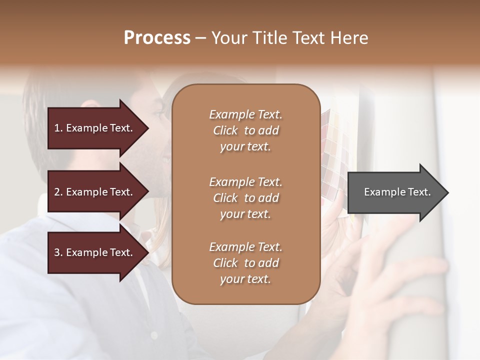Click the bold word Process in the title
coord(157,38)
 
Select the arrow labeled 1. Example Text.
coord(95,128)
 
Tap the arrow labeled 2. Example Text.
coord(95,192)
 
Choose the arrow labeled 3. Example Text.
coord(95,252)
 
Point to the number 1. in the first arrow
coord(58,128)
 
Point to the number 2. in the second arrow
coord(58,192)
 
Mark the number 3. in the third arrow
coord(58,252)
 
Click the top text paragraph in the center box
coord(245,130)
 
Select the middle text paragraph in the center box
coord(245,197)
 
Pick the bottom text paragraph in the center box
coord(245,263)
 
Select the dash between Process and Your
coord(201,38)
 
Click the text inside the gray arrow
coord(397,192)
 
